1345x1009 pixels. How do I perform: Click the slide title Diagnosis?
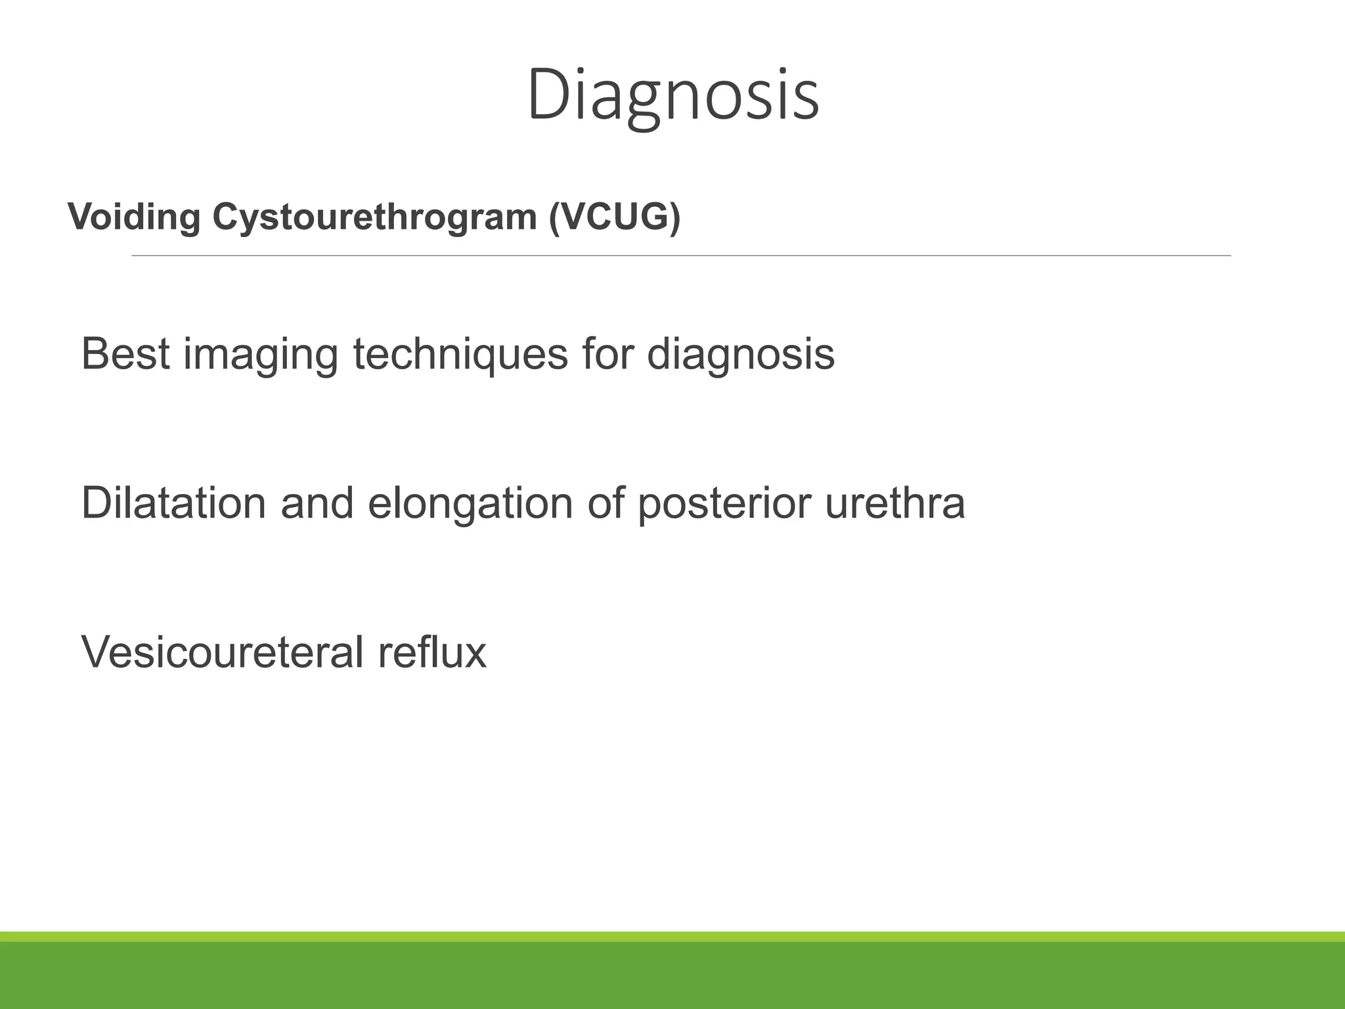tap(672, 96)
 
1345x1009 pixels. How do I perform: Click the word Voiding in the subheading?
tap(134, 217)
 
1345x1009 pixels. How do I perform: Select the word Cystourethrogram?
tap(374, 217)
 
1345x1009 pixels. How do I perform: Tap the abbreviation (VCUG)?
tap(615, 217)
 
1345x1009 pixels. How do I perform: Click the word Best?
tap(125, 354)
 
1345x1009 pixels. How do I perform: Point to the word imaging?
tap(261, 355)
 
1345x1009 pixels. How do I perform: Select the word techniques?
tap(460, 355)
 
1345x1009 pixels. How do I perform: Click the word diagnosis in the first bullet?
tap(740, 355)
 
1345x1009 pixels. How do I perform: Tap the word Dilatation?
tap(173, 503)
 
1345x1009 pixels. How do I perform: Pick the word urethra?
tap(894, 503)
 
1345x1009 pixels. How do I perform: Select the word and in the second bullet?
tap(317, 503)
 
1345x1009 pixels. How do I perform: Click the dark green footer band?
tap(672, 976)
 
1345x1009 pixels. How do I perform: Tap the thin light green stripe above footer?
tap(672, 937)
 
